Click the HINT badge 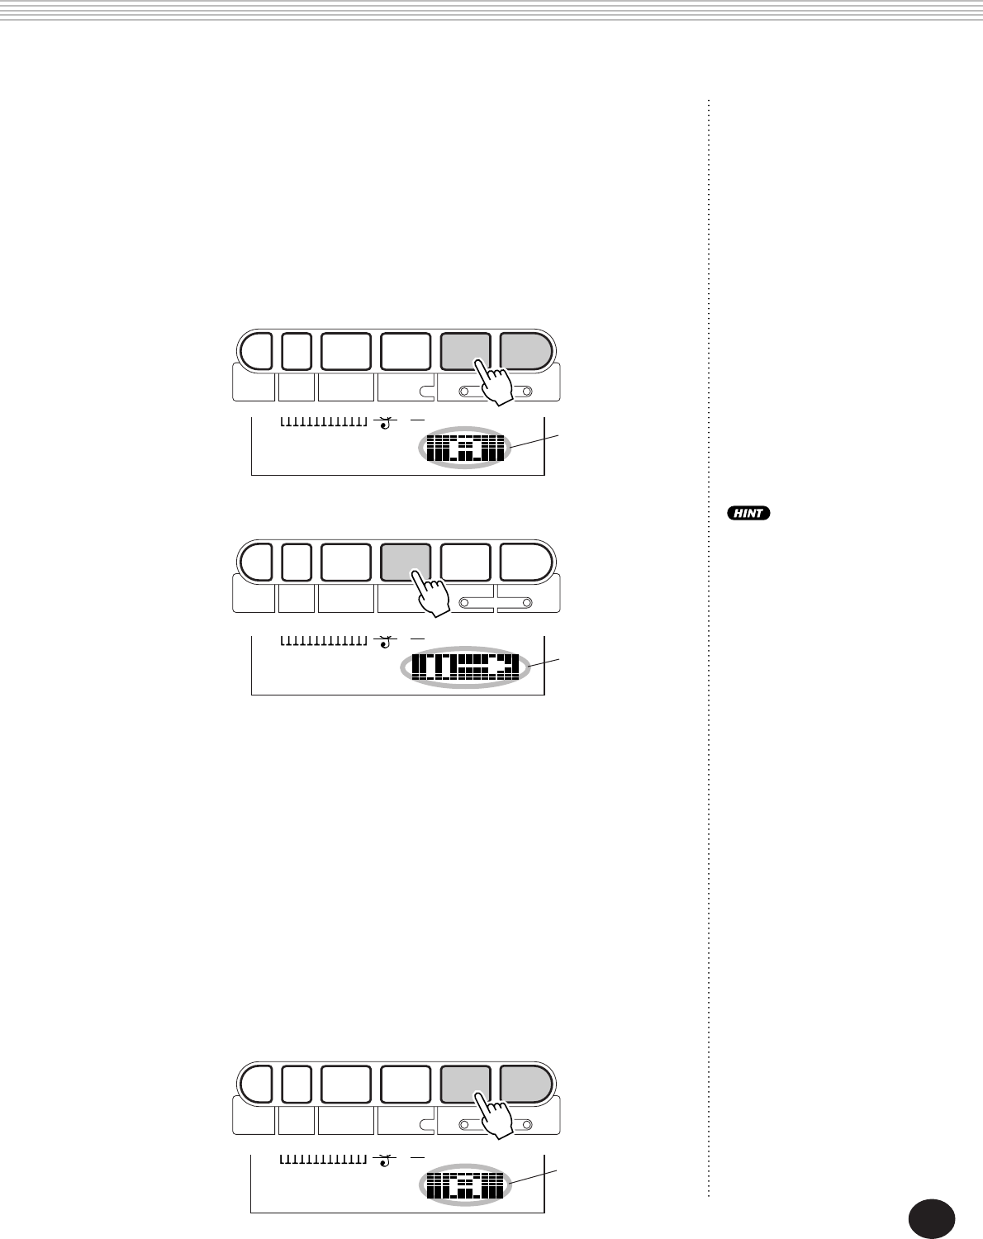tap(748, 513)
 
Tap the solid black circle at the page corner tap(931, 1218)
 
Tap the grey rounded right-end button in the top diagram tap(525, 350)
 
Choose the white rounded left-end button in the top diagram tap(256, 350)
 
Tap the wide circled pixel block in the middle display tap(465, 667)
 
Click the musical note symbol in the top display tap(383, 424)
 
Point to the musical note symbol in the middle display tap(383, 640)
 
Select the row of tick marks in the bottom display tap(323, 1159)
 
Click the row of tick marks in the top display tap(323, 422)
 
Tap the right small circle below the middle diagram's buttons tap(527, 603)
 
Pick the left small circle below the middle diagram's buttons tap(464, 603)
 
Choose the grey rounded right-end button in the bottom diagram tap(525, 1084)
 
